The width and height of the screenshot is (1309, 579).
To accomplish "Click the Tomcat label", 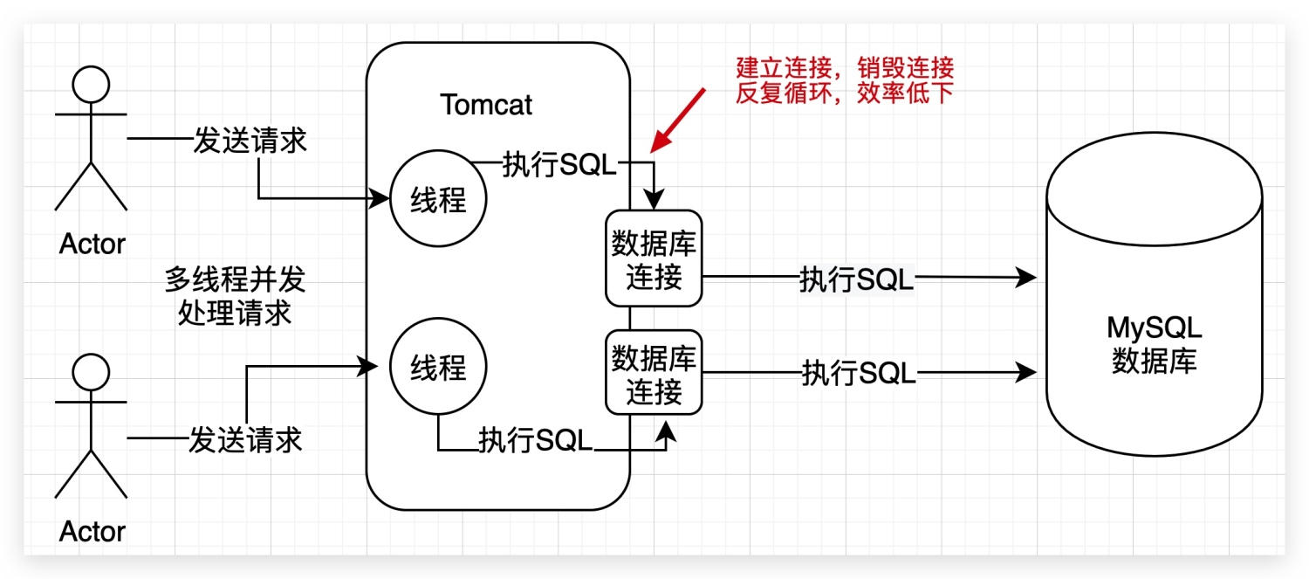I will click(486, 105).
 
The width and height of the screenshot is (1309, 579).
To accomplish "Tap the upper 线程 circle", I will click(438, 200).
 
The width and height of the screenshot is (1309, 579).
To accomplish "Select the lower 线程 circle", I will click(438, 369).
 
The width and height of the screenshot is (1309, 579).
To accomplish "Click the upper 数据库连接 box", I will click(654, 258).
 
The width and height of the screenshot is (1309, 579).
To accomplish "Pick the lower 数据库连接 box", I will click(654, 372).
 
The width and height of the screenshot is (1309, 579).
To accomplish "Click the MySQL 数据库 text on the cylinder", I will click(1154, 344).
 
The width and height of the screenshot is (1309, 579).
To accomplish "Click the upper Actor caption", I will click(92, 244).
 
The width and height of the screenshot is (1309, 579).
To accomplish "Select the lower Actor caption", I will click(92, 531).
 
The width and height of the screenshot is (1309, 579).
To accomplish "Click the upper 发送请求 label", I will click(250, 140).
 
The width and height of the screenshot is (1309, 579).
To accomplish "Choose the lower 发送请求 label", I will click(245, 438).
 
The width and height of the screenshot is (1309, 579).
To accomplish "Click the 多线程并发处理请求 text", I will click(235, 297).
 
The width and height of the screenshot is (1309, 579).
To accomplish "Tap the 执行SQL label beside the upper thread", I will click(559, 164).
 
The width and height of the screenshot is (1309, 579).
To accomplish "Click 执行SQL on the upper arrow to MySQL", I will click(856, 279).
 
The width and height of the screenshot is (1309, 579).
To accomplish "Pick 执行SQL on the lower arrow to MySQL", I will click(859, 374).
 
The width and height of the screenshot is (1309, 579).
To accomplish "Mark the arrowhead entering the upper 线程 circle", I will click(381, 199).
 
